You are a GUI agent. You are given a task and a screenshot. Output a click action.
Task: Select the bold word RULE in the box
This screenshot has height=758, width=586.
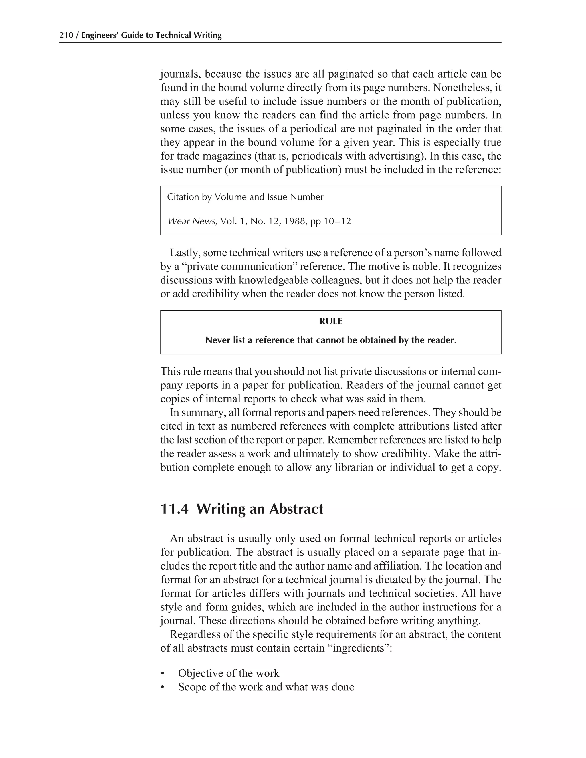tap(330, 322)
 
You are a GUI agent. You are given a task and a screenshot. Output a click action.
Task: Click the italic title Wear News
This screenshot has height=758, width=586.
tap(192, 221)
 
